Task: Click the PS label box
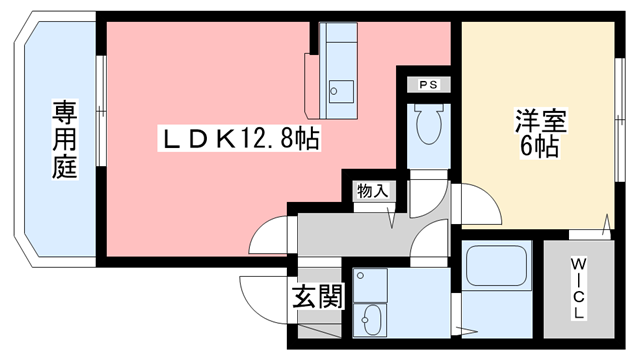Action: point(427,84)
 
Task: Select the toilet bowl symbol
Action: point(427,126)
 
